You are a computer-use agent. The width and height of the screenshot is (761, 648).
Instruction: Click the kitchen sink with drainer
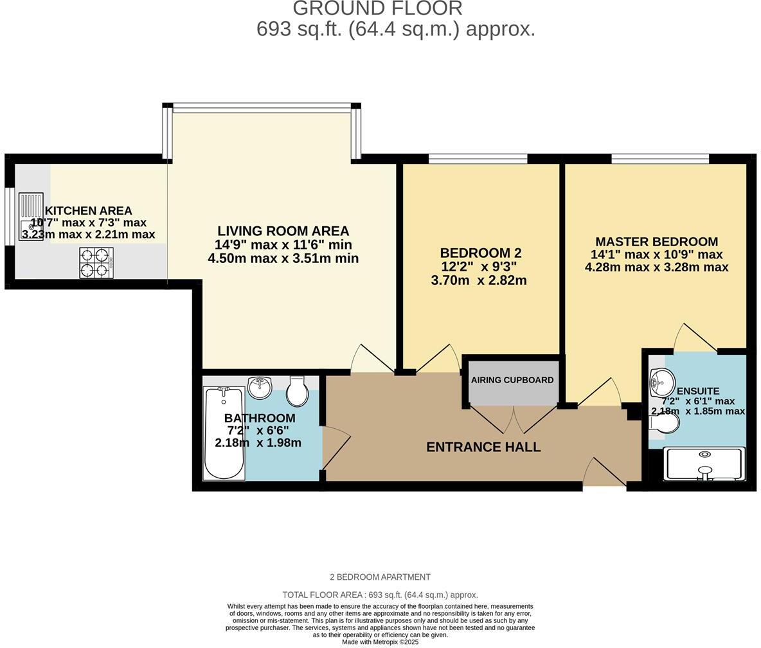pos(31,212)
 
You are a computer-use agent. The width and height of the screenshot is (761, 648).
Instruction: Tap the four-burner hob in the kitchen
pos(96,263)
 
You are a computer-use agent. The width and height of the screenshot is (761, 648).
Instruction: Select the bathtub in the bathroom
pos(224,433)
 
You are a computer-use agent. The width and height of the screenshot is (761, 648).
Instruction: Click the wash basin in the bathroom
pos(260,387)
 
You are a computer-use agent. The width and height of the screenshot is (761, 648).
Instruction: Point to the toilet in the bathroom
pos(297,392)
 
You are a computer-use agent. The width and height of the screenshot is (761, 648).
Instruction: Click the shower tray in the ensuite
pos(705,464)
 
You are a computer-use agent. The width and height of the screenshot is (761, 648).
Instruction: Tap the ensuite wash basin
pos(661,382)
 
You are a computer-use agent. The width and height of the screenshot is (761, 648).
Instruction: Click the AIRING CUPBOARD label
pos(512,380)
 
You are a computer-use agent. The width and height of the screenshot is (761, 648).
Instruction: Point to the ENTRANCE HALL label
pos(483,447)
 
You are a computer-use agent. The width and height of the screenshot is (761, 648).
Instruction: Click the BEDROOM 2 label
pos(481,253)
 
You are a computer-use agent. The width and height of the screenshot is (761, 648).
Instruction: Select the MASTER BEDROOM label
pos(656,242)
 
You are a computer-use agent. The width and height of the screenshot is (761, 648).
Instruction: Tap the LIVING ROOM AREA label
pos(283,231)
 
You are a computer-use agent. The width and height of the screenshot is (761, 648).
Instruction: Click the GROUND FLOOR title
pos(378,8)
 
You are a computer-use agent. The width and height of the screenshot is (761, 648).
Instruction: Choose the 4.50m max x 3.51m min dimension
pos(283,258)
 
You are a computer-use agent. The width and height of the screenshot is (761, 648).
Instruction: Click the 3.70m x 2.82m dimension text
pos(479,280)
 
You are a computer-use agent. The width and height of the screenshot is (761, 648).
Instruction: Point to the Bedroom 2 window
pos(478,158)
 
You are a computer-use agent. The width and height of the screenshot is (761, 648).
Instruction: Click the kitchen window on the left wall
pos(9,216)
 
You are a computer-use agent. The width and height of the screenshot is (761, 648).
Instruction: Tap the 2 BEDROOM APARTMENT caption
pos(380,577)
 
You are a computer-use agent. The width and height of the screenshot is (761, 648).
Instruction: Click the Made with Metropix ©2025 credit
pos(380,642)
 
